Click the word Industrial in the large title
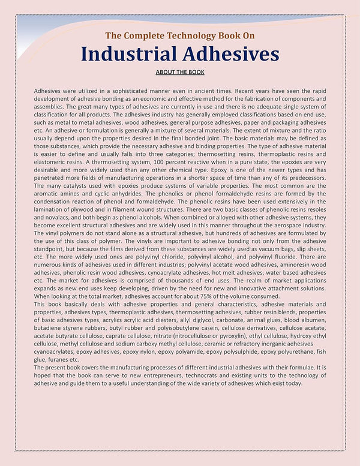tap(130, 55)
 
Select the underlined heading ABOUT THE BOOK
tap(180, 73)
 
